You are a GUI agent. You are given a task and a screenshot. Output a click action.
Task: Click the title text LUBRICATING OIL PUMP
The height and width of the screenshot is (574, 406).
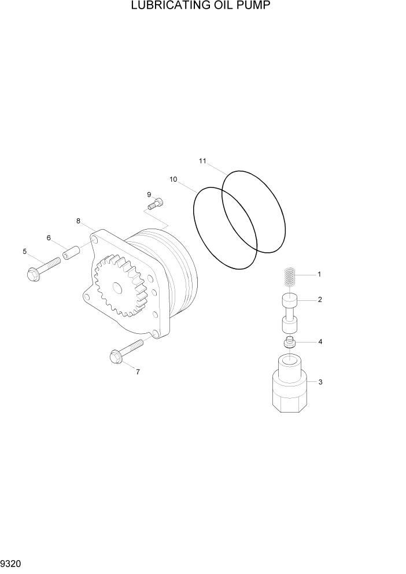202,6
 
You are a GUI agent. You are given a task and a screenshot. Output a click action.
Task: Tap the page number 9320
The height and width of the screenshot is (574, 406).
12,563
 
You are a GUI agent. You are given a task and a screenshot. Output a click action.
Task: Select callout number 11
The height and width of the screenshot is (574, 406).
202,161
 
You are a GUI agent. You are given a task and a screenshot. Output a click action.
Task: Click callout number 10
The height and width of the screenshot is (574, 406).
173,179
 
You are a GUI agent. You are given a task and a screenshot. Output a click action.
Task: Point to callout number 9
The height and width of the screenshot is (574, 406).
149,194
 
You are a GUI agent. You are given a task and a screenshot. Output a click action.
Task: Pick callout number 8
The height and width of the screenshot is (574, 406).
78,220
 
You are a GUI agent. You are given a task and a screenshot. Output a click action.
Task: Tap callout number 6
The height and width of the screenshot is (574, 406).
49,238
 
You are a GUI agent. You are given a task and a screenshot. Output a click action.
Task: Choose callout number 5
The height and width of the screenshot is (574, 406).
24,251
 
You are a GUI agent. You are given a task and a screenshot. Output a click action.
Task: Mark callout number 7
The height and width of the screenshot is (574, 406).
138,371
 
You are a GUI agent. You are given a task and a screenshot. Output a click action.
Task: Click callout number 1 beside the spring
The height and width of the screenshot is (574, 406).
319,274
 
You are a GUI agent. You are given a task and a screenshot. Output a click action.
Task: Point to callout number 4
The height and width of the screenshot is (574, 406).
320,341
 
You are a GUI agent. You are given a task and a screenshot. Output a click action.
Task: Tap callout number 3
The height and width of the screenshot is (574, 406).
320,382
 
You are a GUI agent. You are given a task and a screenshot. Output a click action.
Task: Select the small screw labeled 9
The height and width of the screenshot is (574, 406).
156,203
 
